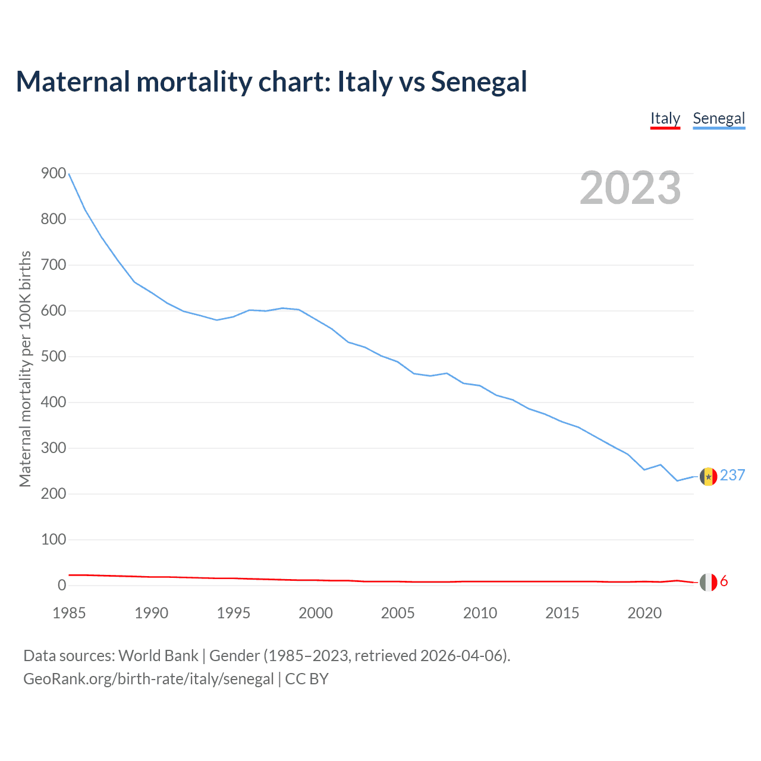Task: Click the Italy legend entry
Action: click(665, 118)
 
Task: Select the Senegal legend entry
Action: click(719, 118)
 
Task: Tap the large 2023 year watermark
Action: click(630, 188)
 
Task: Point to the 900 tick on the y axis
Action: click(54, 174)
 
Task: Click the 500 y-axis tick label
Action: click(54, 357)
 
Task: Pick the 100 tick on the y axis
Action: click(54, 540)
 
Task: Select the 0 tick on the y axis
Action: click(62, 586)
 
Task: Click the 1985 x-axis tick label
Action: click(69, 613)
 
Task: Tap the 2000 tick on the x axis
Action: click(316, 613)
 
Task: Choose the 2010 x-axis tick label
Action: click(480, 613)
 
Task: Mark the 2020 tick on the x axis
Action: click(644, 613)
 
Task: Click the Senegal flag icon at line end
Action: click(708, 476)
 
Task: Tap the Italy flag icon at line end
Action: click(708, 582)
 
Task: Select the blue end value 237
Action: click(732, 475)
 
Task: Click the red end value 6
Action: click(724, 581)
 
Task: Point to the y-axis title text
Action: click(25, 369)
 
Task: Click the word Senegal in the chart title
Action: click(479, 81)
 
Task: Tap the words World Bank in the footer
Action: click(158, 656)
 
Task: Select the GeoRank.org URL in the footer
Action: click(149, 679)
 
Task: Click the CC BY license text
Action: click(307, 679)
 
